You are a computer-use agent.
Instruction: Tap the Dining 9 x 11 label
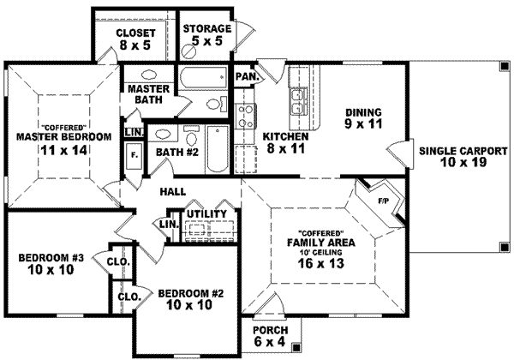362,117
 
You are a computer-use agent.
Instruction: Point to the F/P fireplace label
383,200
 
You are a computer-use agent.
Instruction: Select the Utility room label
206,213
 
